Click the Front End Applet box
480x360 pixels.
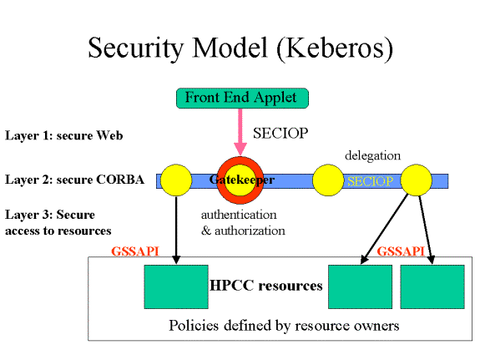[x=242, y=98]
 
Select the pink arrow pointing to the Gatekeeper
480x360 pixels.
[x=240, y=132]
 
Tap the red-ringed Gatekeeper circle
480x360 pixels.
[x=240, y=180]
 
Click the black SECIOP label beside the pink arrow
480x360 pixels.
[x=280, y=134]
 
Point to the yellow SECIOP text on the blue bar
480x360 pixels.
[x=371, y=181]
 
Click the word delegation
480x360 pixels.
[x=372, y=155]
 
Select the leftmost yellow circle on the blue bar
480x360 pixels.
[x=176, y=180]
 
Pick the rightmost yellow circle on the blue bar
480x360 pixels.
[x=417, y=180]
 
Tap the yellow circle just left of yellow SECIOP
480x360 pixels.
[x=328, y=180]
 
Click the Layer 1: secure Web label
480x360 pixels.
[x=64, y=135]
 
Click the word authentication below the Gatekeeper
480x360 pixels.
[x=239, y=215]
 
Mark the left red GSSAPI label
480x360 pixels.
[x=135, y=251]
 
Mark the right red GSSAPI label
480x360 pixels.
[x=401, y=251]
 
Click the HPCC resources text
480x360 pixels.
[x=265, y=286]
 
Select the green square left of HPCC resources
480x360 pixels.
[x=176, y=286]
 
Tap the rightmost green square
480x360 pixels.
[x=432, y=286]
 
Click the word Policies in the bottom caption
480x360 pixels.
[x=194, y=326]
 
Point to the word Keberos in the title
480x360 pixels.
[x=334, y=48]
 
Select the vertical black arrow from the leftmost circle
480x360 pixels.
[x=176, y=230]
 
